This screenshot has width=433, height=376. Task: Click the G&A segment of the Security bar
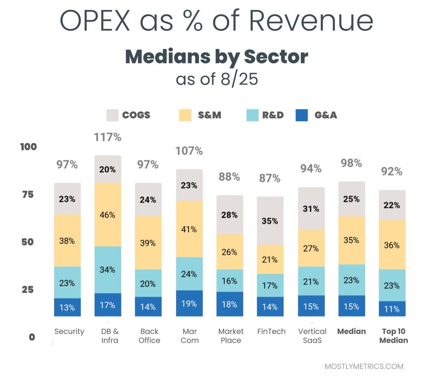coord(67,307)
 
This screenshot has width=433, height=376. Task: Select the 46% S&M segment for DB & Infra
coord(108,215)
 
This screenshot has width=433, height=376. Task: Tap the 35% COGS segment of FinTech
coord(270,221)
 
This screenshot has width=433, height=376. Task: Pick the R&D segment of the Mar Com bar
coord(189,274)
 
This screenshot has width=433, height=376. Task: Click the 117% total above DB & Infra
coord(107,137)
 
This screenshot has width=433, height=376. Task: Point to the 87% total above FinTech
coord(270,178)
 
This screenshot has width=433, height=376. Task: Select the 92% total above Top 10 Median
coord(392,172)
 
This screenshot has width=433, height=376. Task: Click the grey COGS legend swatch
coord(113,115)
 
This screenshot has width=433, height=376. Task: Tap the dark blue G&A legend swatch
coord(301,115)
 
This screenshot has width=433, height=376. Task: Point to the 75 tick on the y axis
coord(28,194)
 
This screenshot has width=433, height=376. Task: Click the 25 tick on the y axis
coord(28,289)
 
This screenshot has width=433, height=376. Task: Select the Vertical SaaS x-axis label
coord(312,336)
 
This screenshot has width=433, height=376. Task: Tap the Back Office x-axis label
coord(150,336)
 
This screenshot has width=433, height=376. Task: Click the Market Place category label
coord(231,336)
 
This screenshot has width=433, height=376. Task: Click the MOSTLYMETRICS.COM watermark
coord(364,366)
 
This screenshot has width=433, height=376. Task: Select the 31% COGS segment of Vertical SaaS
coord(311,209)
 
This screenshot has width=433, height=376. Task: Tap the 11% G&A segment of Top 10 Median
coord(392,309)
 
